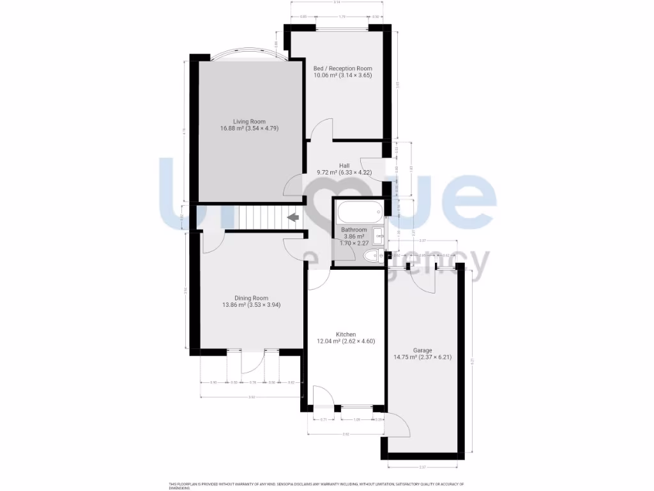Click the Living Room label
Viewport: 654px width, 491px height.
point(248,121)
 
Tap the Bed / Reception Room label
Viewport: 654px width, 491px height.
point(342,68)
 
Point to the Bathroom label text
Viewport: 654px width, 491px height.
point(354,230)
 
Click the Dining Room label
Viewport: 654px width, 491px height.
point(251,298)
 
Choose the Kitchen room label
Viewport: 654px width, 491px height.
point(346,334)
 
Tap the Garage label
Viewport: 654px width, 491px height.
point(422,350)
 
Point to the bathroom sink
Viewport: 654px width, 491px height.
point(378,235)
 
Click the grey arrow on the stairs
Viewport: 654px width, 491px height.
point(294,218)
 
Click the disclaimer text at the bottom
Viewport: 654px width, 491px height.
point(316,485)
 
